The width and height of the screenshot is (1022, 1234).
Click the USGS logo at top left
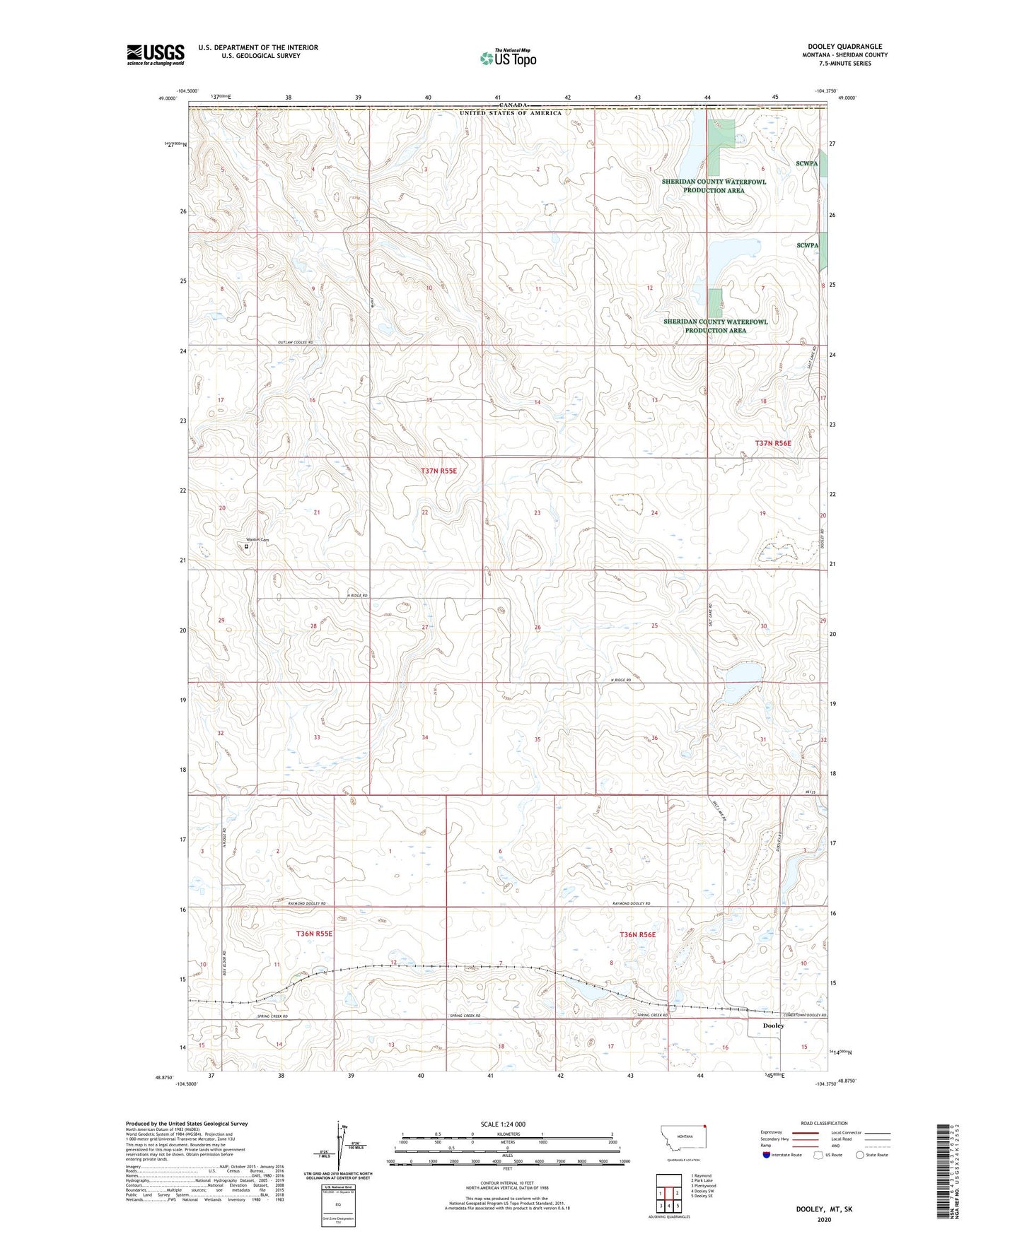(156, 54)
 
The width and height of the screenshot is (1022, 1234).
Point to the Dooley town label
(773, 1026)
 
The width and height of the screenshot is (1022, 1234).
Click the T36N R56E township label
(637, 934)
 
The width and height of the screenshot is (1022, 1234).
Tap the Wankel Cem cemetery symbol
(247, 546)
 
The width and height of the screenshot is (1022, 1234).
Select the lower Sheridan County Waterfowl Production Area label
(715, 326)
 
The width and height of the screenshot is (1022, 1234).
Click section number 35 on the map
(538, 739)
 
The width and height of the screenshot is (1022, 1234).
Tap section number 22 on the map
(425, 512)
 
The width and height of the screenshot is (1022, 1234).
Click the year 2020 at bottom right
(824, 1219)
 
